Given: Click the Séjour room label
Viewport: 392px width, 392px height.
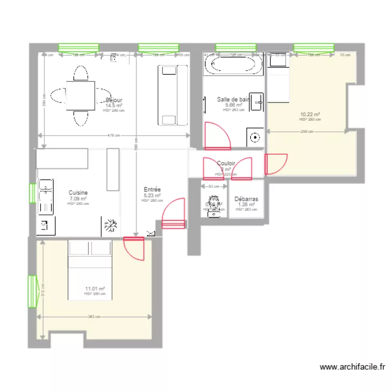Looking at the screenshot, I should click(x=114, y=100).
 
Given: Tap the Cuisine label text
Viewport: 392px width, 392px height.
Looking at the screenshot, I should click(x=78, y=193).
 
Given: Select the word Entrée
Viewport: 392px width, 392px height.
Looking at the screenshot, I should click(x=152, y=190).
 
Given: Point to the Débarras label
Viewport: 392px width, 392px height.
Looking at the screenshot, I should click(x=246, y=199).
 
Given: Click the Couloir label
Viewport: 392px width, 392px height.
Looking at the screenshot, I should click(x=226, y=163).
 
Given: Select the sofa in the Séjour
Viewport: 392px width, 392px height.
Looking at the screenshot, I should click(x=172, y=95).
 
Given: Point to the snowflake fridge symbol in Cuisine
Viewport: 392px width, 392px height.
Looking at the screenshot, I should click(x=110, y=226).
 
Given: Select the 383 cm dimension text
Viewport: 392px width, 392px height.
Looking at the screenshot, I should click(x=95, y=317).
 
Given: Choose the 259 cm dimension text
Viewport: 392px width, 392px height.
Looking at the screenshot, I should click(x=307, y=132).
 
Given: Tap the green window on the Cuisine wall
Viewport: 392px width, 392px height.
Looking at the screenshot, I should click(x=32, y=193).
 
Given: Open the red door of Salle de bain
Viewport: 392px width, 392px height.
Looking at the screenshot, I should click(x=217, y=135).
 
